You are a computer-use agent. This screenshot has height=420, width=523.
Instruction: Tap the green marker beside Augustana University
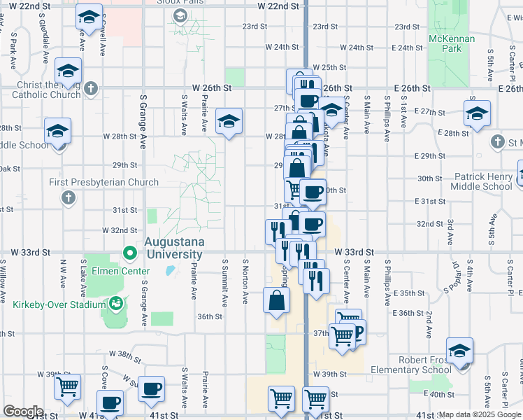129,253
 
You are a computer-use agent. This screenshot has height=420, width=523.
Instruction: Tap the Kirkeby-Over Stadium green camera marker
114,304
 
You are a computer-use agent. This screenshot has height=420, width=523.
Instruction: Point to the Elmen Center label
127,271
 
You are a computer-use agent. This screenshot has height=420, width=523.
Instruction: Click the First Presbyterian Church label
103,182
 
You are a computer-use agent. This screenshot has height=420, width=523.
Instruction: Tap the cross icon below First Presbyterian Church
69,197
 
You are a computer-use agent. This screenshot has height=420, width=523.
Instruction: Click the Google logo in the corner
23,411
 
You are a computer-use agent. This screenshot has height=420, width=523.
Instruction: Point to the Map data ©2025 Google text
479,414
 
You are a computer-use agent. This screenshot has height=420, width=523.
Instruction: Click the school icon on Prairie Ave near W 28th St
229,122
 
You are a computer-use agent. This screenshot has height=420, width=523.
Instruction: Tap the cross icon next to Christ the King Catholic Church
91,89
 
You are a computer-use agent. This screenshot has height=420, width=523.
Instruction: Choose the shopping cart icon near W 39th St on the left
67,386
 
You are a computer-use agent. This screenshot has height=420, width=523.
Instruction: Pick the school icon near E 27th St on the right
477,114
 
